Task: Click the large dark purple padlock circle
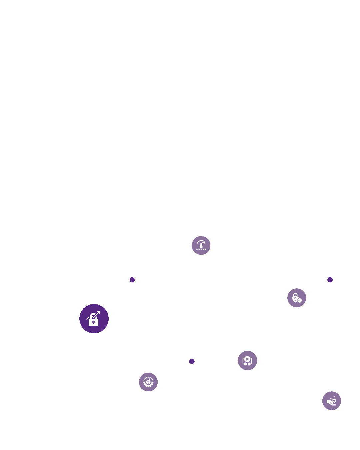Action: [94, 319]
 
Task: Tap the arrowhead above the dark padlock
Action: [98, 313]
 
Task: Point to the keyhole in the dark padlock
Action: [93, 322]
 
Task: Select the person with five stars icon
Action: [201, 246]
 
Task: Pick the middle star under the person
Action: [201, 249]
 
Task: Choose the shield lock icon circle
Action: [297, 298]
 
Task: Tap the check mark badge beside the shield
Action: [300, 300]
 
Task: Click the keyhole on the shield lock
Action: [295, 299]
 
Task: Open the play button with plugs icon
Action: [247, 360]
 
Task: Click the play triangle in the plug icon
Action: [247, 359]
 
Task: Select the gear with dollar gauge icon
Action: [148, 382]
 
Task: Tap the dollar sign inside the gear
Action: [148, 382]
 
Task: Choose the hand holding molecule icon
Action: [332, 401]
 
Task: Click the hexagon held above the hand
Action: [334, 400]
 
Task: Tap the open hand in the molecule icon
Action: [330, 403]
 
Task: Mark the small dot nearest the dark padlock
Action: [132, 280]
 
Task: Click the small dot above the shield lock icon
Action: [330, 280]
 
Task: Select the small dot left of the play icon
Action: [192, 361]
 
